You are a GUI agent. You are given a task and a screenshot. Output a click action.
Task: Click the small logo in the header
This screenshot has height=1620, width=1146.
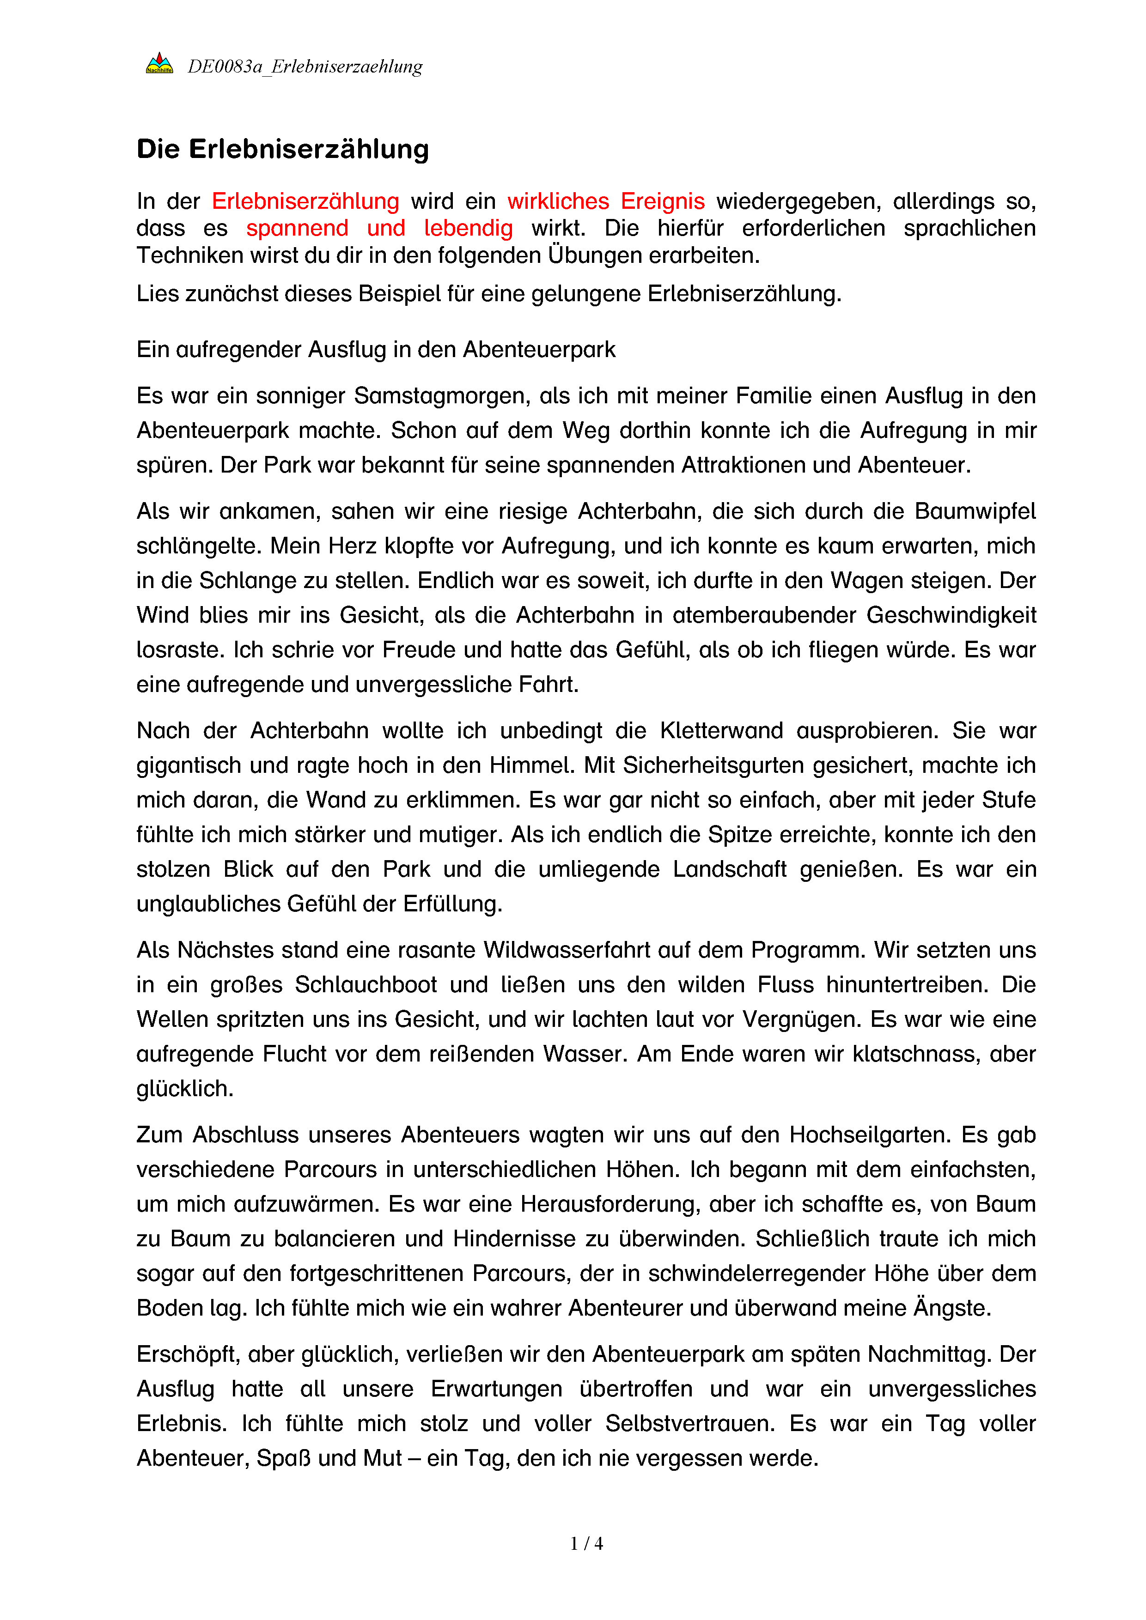pos(159,63)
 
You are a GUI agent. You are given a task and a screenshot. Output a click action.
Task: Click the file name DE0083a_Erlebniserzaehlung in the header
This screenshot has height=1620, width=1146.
pos(305,67)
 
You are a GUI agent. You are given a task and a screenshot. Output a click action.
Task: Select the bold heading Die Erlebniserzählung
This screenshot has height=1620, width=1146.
pos(283,150)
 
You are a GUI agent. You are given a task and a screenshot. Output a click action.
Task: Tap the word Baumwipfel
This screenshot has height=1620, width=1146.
pos(975,511)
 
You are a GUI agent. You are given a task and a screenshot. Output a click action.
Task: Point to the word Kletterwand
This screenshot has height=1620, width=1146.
pos(721,731)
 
